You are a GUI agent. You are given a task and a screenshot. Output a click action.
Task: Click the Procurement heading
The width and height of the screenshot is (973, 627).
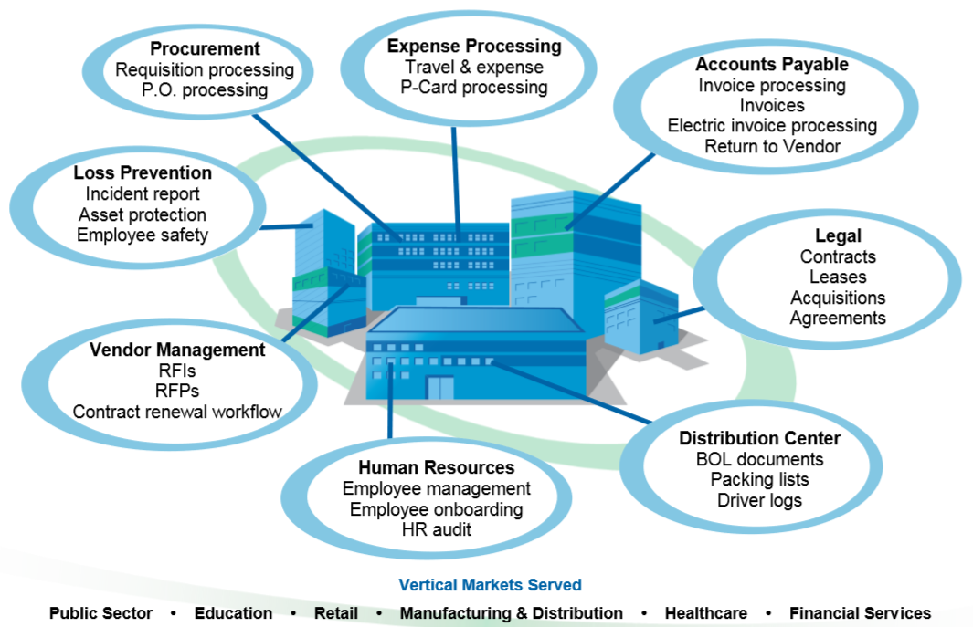pos(205,49)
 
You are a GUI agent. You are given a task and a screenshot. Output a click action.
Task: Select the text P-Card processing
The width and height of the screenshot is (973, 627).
pos(473,88)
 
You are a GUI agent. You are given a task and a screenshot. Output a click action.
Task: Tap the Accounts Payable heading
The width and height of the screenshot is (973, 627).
pos(772,65)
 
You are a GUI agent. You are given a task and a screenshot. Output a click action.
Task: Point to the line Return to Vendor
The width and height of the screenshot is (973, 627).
pos(772,145)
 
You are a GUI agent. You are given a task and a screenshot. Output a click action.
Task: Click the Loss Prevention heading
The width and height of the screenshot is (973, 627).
pos(143,172)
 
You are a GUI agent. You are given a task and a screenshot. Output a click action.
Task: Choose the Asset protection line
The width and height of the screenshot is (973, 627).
pos(143,214)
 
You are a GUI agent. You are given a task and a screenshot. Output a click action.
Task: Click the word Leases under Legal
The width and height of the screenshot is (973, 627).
pos(838,277)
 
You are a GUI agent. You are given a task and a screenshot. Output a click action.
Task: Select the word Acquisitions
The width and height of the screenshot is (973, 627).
pos(838,298)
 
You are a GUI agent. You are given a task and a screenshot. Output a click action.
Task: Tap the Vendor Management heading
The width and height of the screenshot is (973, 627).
pos(177,350)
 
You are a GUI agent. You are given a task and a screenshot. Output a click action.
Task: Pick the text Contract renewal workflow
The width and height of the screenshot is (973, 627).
pos(177,412)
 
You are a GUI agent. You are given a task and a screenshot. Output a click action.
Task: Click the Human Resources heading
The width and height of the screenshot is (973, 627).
pos(437,468)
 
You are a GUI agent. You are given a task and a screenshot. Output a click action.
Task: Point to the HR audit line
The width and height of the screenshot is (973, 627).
pos(437,529)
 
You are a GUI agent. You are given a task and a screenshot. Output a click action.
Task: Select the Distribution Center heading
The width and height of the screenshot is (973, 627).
pos(759,439)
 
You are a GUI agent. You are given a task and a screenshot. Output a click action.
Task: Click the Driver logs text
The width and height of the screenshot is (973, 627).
pos(759,500)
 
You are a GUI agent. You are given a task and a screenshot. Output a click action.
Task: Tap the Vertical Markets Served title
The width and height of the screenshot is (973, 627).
pos(490,585)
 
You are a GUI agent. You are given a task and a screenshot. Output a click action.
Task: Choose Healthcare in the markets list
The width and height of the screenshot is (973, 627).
pos(705,613)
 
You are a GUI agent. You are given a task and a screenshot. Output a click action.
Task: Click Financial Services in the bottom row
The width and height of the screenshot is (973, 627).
pos(860,613)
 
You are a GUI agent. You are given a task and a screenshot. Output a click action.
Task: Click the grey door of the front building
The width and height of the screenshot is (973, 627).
pos(439,388)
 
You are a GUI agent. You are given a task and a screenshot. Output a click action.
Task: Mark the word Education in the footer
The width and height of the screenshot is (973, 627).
pos(233,613)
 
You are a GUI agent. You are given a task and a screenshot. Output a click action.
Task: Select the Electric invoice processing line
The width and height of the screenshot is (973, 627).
pos(772,125)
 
